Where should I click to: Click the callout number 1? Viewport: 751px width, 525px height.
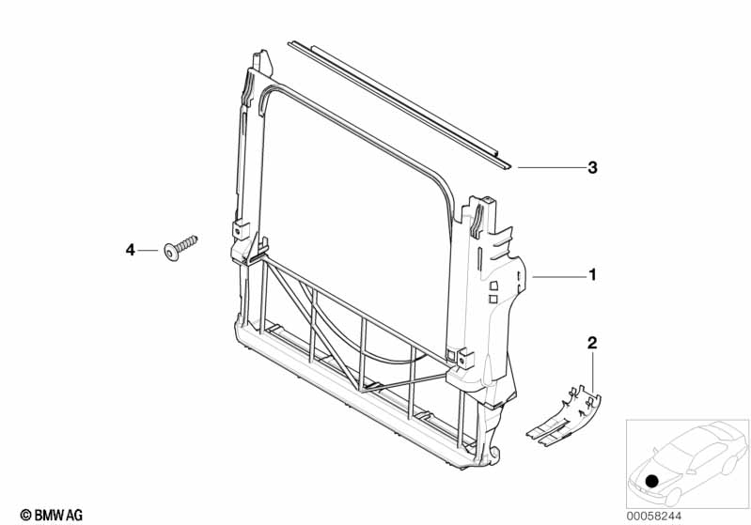coord(593,275)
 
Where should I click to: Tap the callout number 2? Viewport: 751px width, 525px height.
coord(592,343)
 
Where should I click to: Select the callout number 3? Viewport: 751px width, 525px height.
coord(592,168)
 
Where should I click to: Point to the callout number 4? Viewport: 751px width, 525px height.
coord(132,249)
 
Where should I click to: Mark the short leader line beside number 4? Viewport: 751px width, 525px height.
coord(149,249)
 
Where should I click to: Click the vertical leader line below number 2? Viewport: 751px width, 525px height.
coord(592,371)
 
